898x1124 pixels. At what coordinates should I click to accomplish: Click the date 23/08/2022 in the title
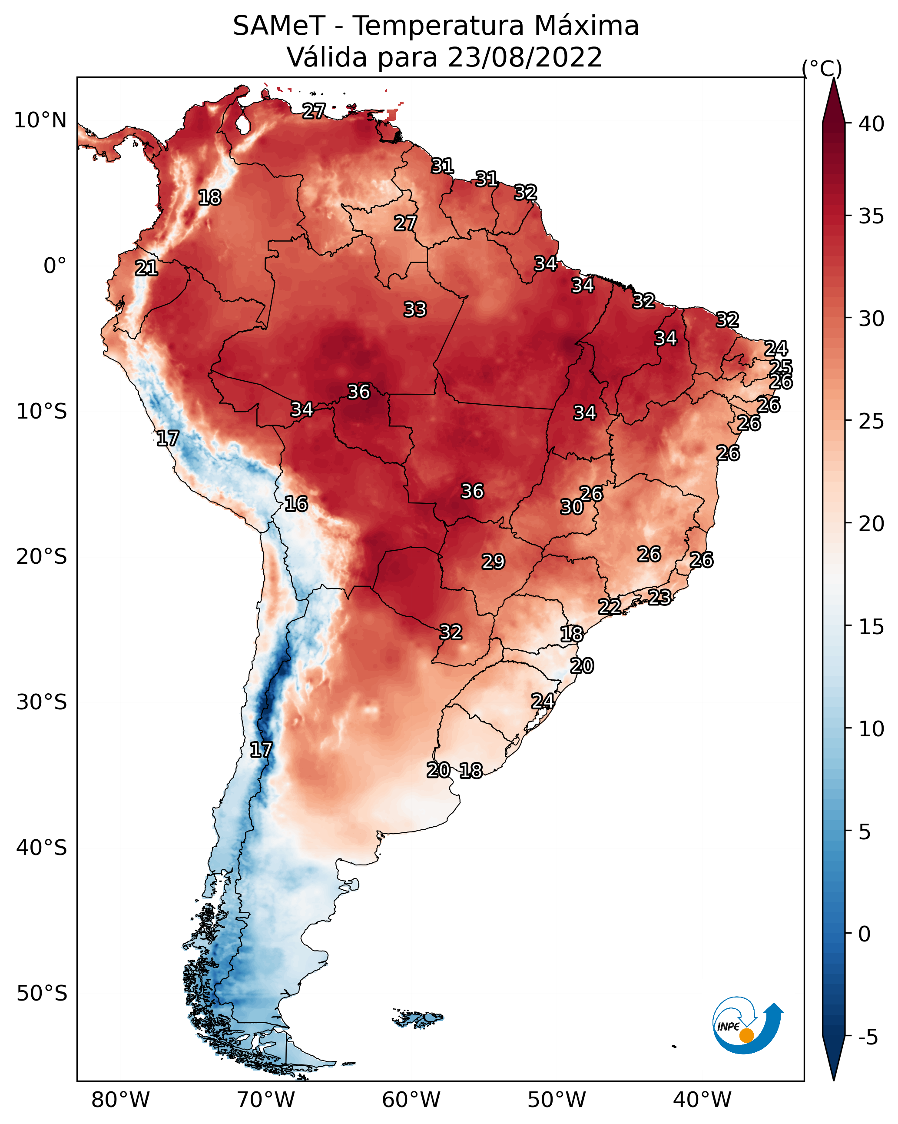[x=524, y=57]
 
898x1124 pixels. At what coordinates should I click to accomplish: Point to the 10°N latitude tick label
[x=40, y=120]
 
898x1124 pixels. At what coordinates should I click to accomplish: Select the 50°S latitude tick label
[x=42, y=994]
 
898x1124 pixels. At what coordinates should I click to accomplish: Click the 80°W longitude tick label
[x=120, y=1100]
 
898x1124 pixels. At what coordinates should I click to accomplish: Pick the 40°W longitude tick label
[x=702, y=1100]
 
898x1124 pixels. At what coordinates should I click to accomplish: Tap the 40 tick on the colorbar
[x=871, y=124]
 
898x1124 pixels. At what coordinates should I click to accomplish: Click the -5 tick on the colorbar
[x=868, y=1037]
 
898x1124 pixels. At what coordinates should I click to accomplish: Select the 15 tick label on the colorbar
[x=871, y=627]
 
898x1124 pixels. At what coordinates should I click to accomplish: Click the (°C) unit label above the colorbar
[x=822, y=68]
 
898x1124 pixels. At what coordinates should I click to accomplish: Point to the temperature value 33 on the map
[x=415, y=309]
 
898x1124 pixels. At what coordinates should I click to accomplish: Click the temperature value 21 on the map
[x=146, y=269]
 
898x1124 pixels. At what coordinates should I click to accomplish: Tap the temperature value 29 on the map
[x=493, y=562]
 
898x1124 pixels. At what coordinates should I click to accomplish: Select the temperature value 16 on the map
[x=296, y=504]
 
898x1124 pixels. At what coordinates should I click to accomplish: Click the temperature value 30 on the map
[x=572, y=507]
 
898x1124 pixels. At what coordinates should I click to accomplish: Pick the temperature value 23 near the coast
[x=659, y=597]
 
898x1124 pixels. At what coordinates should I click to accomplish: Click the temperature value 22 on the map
[x=609, y=606]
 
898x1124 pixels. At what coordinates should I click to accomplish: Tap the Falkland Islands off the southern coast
[x=418, y=1017]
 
